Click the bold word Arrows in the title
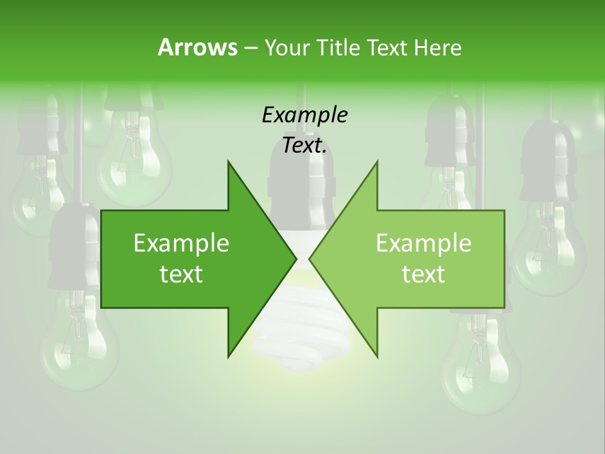pyautogui.click(x=197, y=47)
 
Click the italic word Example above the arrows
pyautogui.click(x=304, y=115)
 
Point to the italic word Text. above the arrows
pyautogui.click(x=304, y=146)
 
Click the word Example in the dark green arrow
pyautogui.click(x=181, y=243)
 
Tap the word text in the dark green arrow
pyautogui.click(x=181, y=274)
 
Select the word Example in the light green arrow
pyautogui.click(x=423, y=243)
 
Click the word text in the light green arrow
pyautogui.click(x=423, y=274)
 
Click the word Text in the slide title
pyautogui.click(x=388, y=47)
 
